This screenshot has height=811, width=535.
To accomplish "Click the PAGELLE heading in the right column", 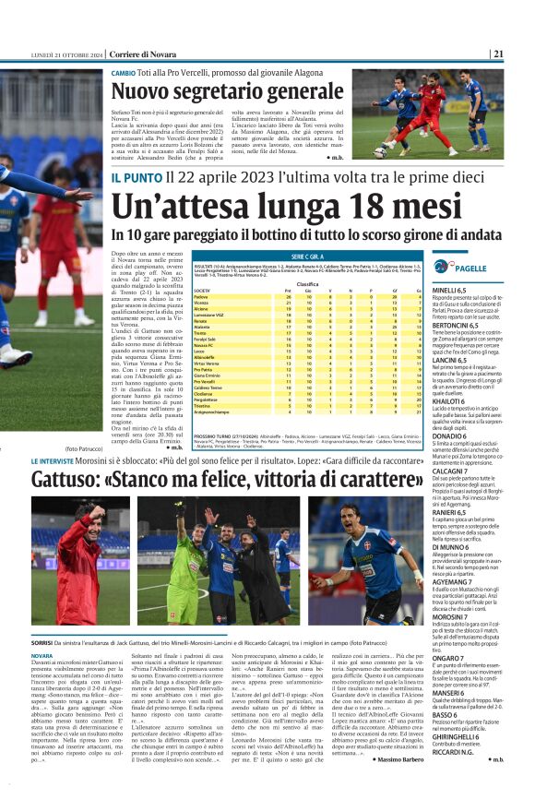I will [x=497, y=268].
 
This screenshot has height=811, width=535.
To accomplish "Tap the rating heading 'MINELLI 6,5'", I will [x=476, y=290].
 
